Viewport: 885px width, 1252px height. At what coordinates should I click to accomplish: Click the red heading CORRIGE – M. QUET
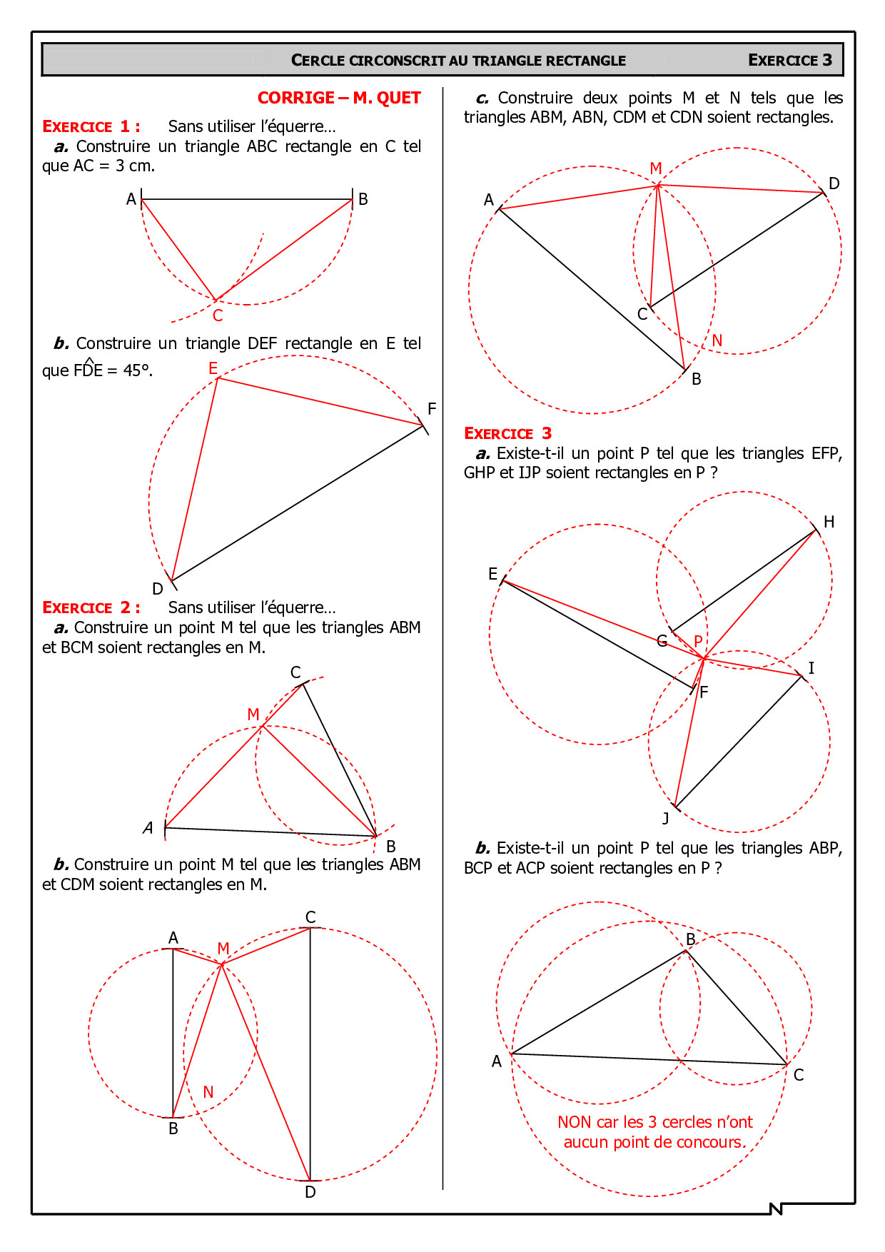(x=339, y=98)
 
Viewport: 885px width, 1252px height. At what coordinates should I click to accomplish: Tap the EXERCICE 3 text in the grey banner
(x=789, y=60)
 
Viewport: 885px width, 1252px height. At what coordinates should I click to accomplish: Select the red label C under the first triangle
(x=218, y=315)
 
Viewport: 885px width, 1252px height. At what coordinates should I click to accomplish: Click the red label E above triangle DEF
(x=213, y=368)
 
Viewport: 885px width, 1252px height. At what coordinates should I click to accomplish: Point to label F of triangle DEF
(x=431, y=409)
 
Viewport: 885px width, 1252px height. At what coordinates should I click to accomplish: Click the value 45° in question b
(x=138, y=370)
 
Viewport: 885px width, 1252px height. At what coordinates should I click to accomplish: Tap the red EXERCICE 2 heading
(x=91, y=607)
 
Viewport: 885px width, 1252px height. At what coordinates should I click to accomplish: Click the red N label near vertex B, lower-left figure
(x=208, y=1092)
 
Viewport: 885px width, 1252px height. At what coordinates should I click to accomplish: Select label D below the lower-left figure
(x=310, y=1192)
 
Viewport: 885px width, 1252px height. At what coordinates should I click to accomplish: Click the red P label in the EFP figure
(x=698, y=640)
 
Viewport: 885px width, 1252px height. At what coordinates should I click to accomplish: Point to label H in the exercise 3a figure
(x=829, y=522)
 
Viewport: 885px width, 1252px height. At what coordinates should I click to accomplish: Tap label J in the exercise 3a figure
(x=665, y=818)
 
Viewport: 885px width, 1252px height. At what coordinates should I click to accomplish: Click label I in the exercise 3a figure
(x=811, y=668)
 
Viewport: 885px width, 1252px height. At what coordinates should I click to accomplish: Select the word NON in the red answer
(x=575, y=1122)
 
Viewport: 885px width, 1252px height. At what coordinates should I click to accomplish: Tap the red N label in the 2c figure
(x=717, y=340)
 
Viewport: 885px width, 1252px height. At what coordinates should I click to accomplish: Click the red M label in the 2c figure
(x=656, y=168)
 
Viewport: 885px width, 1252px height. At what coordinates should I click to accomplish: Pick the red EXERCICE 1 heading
(x=91, y=126)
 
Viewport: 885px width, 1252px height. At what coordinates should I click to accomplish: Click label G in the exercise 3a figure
(x=662, y=641)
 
